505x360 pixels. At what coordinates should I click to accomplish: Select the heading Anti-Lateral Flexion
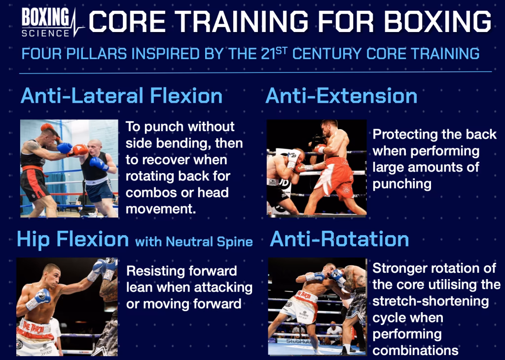pyautogui.click(x=121, y=96)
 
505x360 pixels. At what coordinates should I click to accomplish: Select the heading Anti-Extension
pyautogui.click(x=341, y=96)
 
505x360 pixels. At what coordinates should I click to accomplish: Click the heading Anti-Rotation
pyautogui.click(x=339, y=240)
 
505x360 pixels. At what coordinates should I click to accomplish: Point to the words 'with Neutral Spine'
pyautogui.click(x=194, y=242)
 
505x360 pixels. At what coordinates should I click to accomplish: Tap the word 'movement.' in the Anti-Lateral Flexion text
pyautogui.click(x=161, y=209)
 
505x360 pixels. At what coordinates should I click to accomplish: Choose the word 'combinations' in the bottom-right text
pyautogui.click(x=416, y=350)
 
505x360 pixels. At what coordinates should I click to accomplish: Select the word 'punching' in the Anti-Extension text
pyautogui.click(x=402, y=184)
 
